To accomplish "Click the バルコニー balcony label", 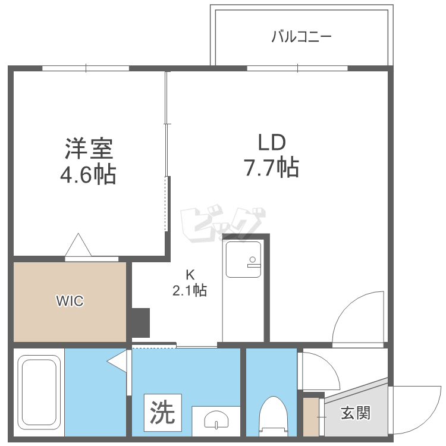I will tap(301, 37).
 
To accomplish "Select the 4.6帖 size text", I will tap(89, 175).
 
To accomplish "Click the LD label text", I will tap(272, 142).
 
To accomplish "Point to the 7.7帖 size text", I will tap(272, 169).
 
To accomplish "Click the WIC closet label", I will tap(70, 301).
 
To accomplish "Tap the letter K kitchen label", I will tap(190, 275).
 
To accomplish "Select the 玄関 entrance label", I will tap(356, 413).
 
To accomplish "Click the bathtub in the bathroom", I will tap(39, 395).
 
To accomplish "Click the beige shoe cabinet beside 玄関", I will tap(311, 417).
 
